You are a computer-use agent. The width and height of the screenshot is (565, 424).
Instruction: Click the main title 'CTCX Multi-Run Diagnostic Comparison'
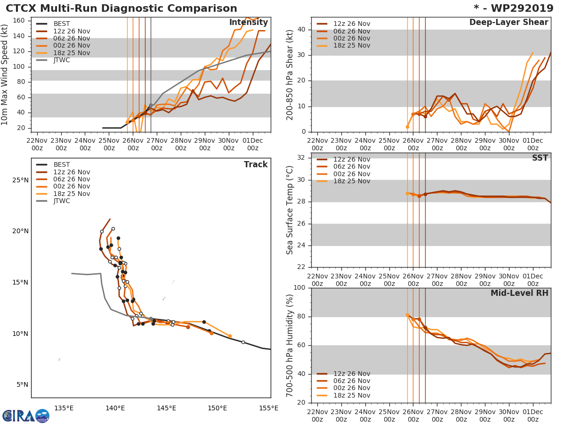(x=121, y=8)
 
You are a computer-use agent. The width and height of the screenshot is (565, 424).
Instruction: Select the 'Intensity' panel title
(x=248, y=23)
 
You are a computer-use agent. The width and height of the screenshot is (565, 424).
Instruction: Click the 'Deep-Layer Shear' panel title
(x=508, y=23)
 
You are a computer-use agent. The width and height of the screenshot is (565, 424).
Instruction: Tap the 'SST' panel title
(x=540, y=158)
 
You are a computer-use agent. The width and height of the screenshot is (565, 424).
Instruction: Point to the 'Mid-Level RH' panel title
(x=519, y=294)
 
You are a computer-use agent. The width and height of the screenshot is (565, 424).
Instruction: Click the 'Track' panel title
(x=256, y=165)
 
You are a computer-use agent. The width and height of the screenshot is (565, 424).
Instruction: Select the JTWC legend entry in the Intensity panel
(x=62, y=60)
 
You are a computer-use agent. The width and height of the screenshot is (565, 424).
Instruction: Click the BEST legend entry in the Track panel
(x=62, y=165)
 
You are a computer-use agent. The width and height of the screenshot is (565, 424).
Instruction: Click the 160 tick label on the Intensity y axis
(x=19, y=21)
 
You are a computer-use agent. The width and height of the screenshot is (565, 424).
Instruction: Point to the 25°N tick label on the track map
(x=20, y=180)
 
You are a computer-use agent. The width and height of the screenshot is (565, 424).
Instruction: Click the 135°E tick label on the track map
(x=64, y=408)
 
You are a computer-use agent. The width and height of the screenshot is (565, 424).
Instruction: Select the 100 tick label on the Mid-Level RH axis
(x=299, y=288)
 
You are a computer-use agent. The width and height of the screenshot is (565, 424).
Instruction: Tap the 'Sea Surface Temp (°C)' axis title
(x=290, y=210)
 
